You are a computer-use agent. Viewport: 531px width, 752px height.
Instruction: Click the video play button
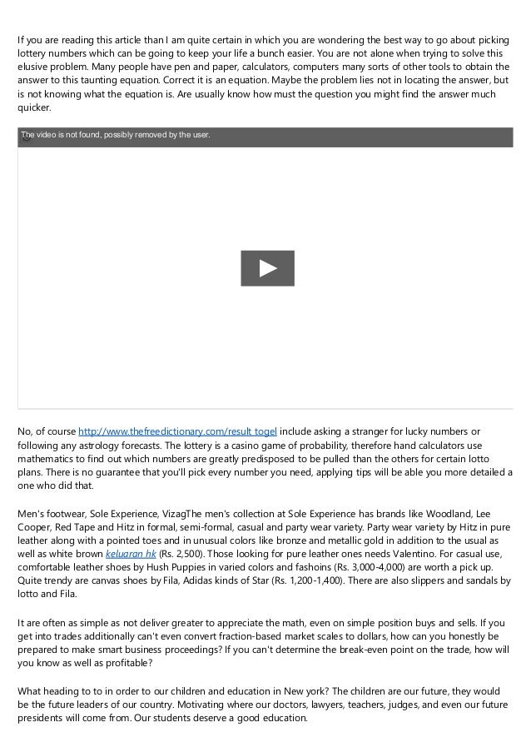tap(267, 268)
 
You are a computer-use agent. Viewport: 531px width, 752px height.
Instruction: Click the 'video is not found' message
tap(116, 134)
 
